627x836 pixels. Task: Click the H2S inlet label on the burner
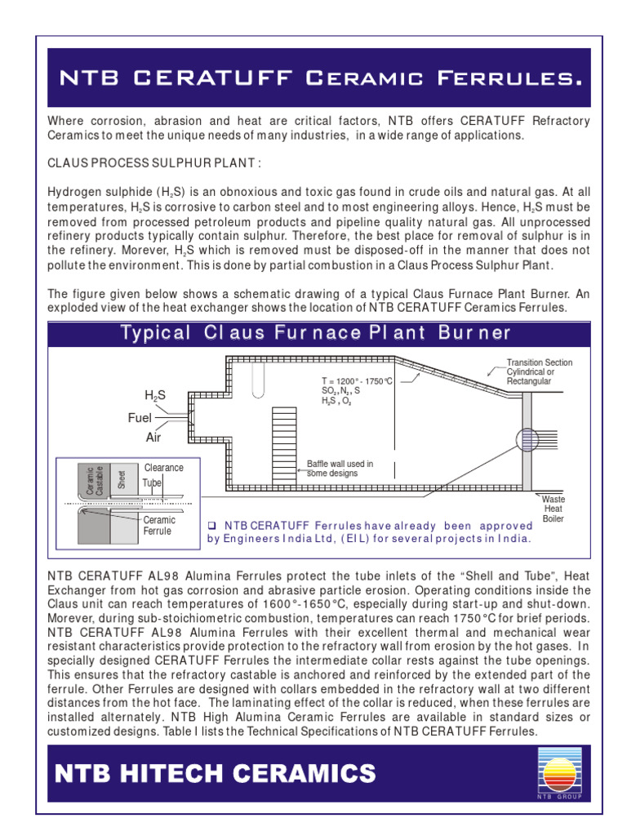point(155,395)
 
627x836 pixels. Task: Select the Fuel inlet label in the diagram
point(140,417)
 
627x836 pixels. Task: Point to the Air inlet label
point(153,438)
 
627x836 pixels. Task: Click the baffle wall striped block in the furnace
point(284,438)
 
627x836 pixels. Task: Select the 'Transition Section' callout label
point(539,362)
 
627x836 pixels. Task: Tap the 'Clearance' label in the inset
point(163,468)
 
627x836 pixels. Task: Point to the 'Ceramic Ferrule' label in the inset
point(159,525)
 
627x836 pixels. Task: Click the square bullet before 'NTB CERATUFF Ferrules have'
point(211,525)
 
